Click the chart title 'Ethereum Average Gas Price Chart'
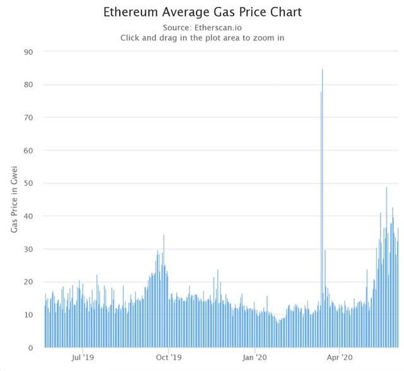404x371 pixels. pos(201,12)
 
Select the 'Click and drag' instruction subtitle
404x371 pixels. pos(201,38)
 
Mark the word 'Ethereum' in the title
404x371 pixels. pos(128,12)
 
